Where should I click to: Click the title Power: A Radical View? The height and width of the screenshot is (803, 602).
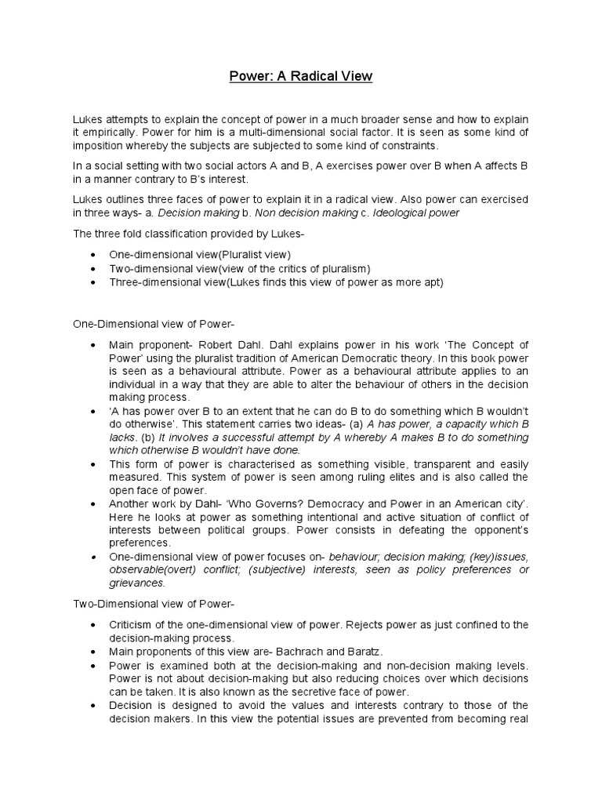[300, 77]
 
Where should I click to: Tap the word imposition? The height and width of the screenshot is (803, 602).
[96, 147]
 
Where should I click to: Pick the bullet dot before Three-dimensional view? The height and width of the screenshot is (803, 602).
[94, 282]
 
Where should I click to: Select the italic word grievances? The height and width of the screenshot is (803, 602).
[136, 583]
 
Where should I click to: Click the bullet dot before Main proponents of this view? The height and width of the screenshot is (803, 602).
[94, 651]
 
